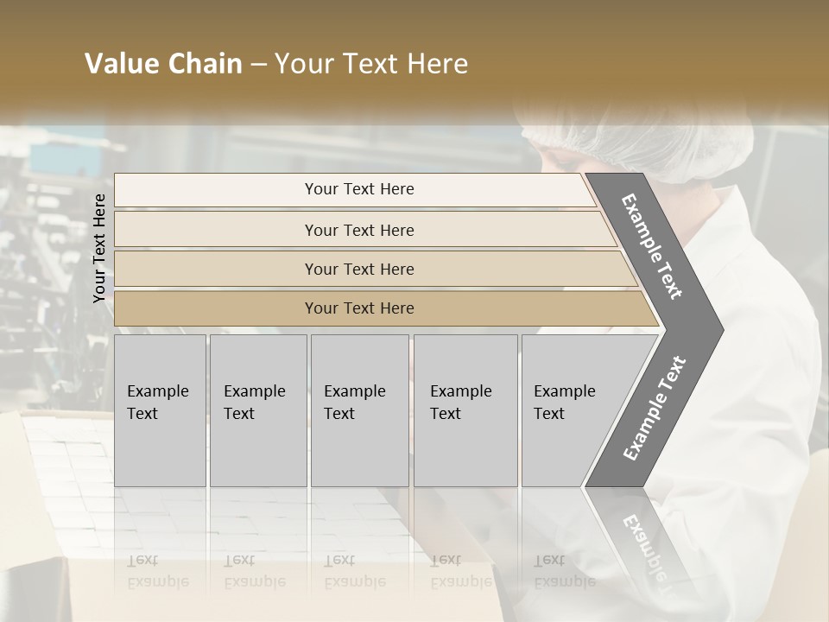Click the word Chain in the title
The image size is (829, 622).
(x=204, y=64)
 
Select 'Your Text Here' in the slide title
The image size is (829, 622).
(x=371, y=64)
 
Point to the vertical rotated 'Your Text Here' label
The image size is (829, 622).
(x=99, y=248)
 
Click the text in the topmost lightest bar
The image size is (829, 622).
(x=359, y=189)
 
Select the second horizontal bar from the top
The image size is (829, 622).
(x=359, y=230)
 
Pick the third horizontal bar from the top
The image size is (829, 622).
(x=359, y=269)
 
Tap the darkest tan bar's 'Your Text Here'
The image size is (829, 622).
(x=359, y=308)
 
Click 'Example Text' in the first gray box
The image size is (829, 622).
(x=157, y=403)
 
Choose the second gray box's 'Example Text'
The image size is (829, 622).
(x=254, y=403)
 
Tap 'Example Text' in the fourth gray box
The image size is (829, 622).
(x=460, y=403)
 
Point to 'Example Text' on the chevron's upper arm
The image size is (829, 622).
(x=653, y=246)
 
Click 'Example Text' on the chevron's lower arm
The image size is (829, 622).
(x=654, y=409)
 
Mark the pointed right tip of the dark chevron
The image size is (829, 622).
(x=721, y=329)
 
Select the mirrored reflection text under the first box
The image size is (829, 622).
(x=157, y=571)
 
